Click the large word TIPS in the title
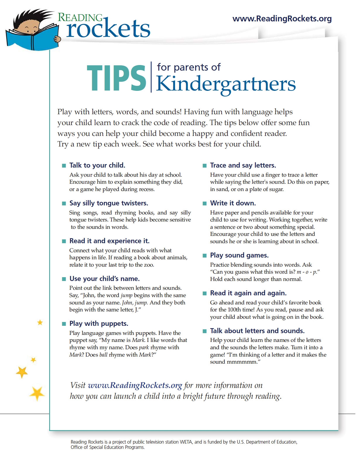116,78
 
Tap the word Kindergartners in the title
226,84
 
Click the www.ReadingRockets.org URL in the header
282,19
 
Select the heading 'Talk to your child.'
97,165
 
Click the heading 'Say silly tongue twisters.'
109,203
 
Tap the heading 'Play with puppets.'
99,323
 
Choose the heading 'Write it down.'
233,203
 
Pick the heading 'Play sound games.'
239,255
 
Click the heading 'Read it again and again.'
248,293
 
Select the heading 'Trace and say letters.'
243,165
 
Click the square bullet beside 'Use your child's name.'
64,279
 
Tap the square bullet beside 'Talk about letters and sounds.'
205,331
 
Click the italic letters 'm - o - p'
306,272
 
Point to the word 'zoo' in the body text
148,265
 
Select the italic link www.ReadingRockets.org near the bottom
135,385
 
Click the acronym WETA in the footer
186,442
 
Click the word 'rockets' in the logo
108,29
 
